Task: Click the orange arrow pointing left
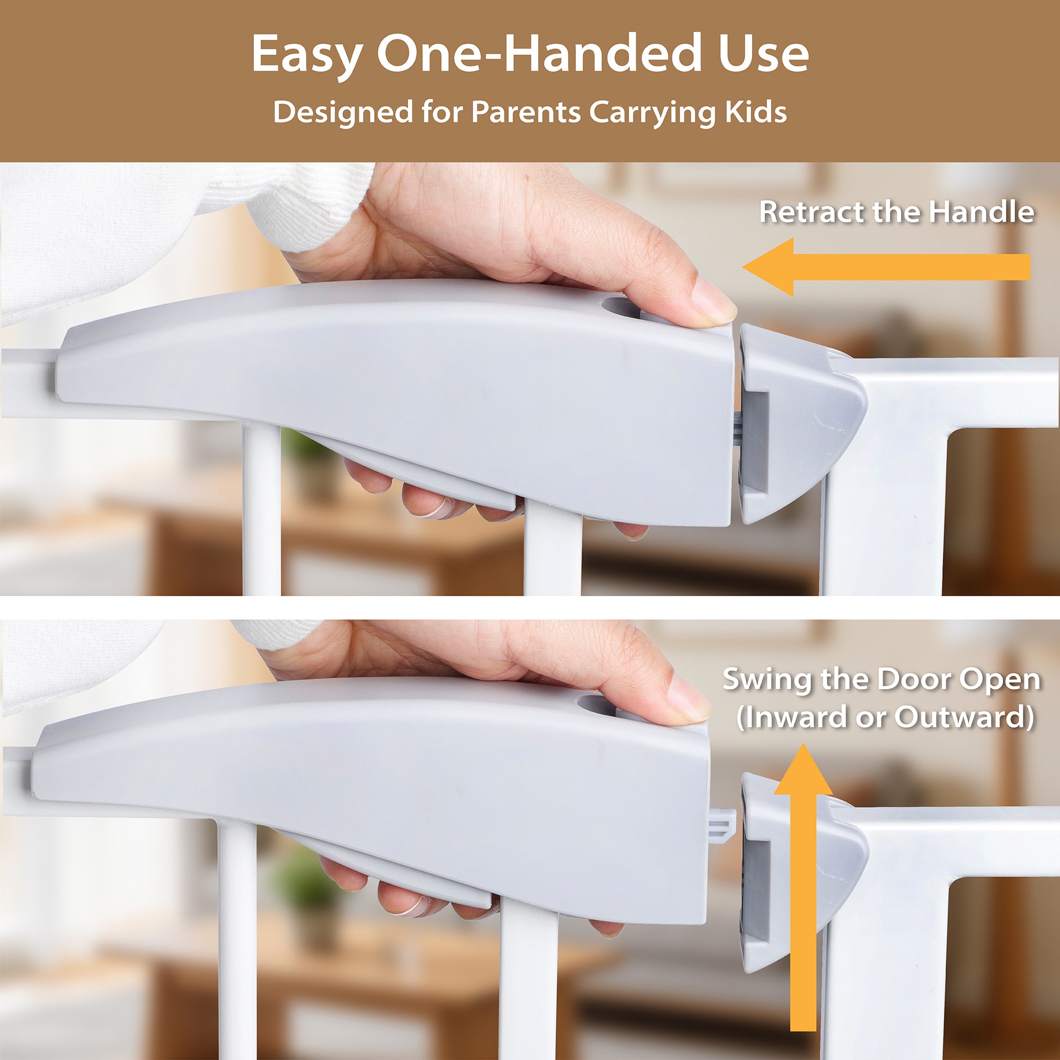tap(886, 267)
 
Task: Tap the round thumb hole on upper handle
tap(624, 308)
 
